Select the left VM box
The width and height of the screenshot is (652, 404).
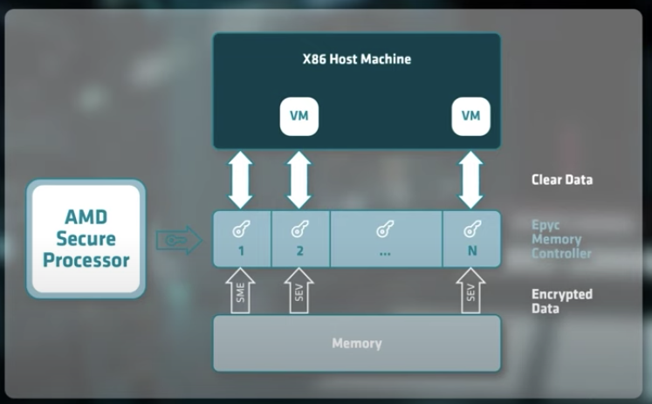coord(299,117)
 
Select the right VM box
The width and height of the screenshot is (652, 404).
coord(470,117)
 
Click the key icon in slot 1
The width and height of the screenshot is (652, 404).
coord(242,229)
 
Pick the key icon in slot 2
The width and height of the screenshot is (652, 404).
coord(299,229)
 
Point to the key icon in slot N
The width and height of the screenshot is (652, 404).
coord(471,229)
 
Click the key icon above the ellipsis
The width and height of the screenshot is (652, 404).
coord(385,229)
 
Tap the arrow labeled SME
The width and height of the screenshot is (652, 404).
coord(242,291)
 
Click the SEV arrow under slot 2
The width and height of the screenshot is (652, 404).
coord(299,291)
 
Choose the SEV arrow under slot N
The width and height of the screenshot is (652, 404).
coord(471,291)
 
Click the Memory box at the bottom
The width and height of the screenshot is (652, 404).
coord(356,343)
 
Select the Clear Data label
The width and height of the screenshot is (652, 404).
coord(562,181)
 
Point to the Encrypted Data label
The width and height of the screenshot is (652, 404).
coord(562,301)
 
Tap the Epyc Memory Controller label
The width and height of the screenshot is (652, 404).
coord(561,238)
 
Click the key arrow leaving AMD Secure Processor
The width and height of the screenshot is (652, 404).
coord(178,238)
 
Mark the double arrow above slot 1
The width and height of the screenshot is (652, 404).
coord(242,179)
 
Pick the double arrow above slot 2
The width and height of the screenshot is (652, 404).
coord(299,179)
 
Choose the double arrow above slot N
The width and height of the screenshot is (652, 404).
coord(471,179)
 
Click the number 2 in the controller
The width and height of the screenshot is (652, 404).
coord(299,251)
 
